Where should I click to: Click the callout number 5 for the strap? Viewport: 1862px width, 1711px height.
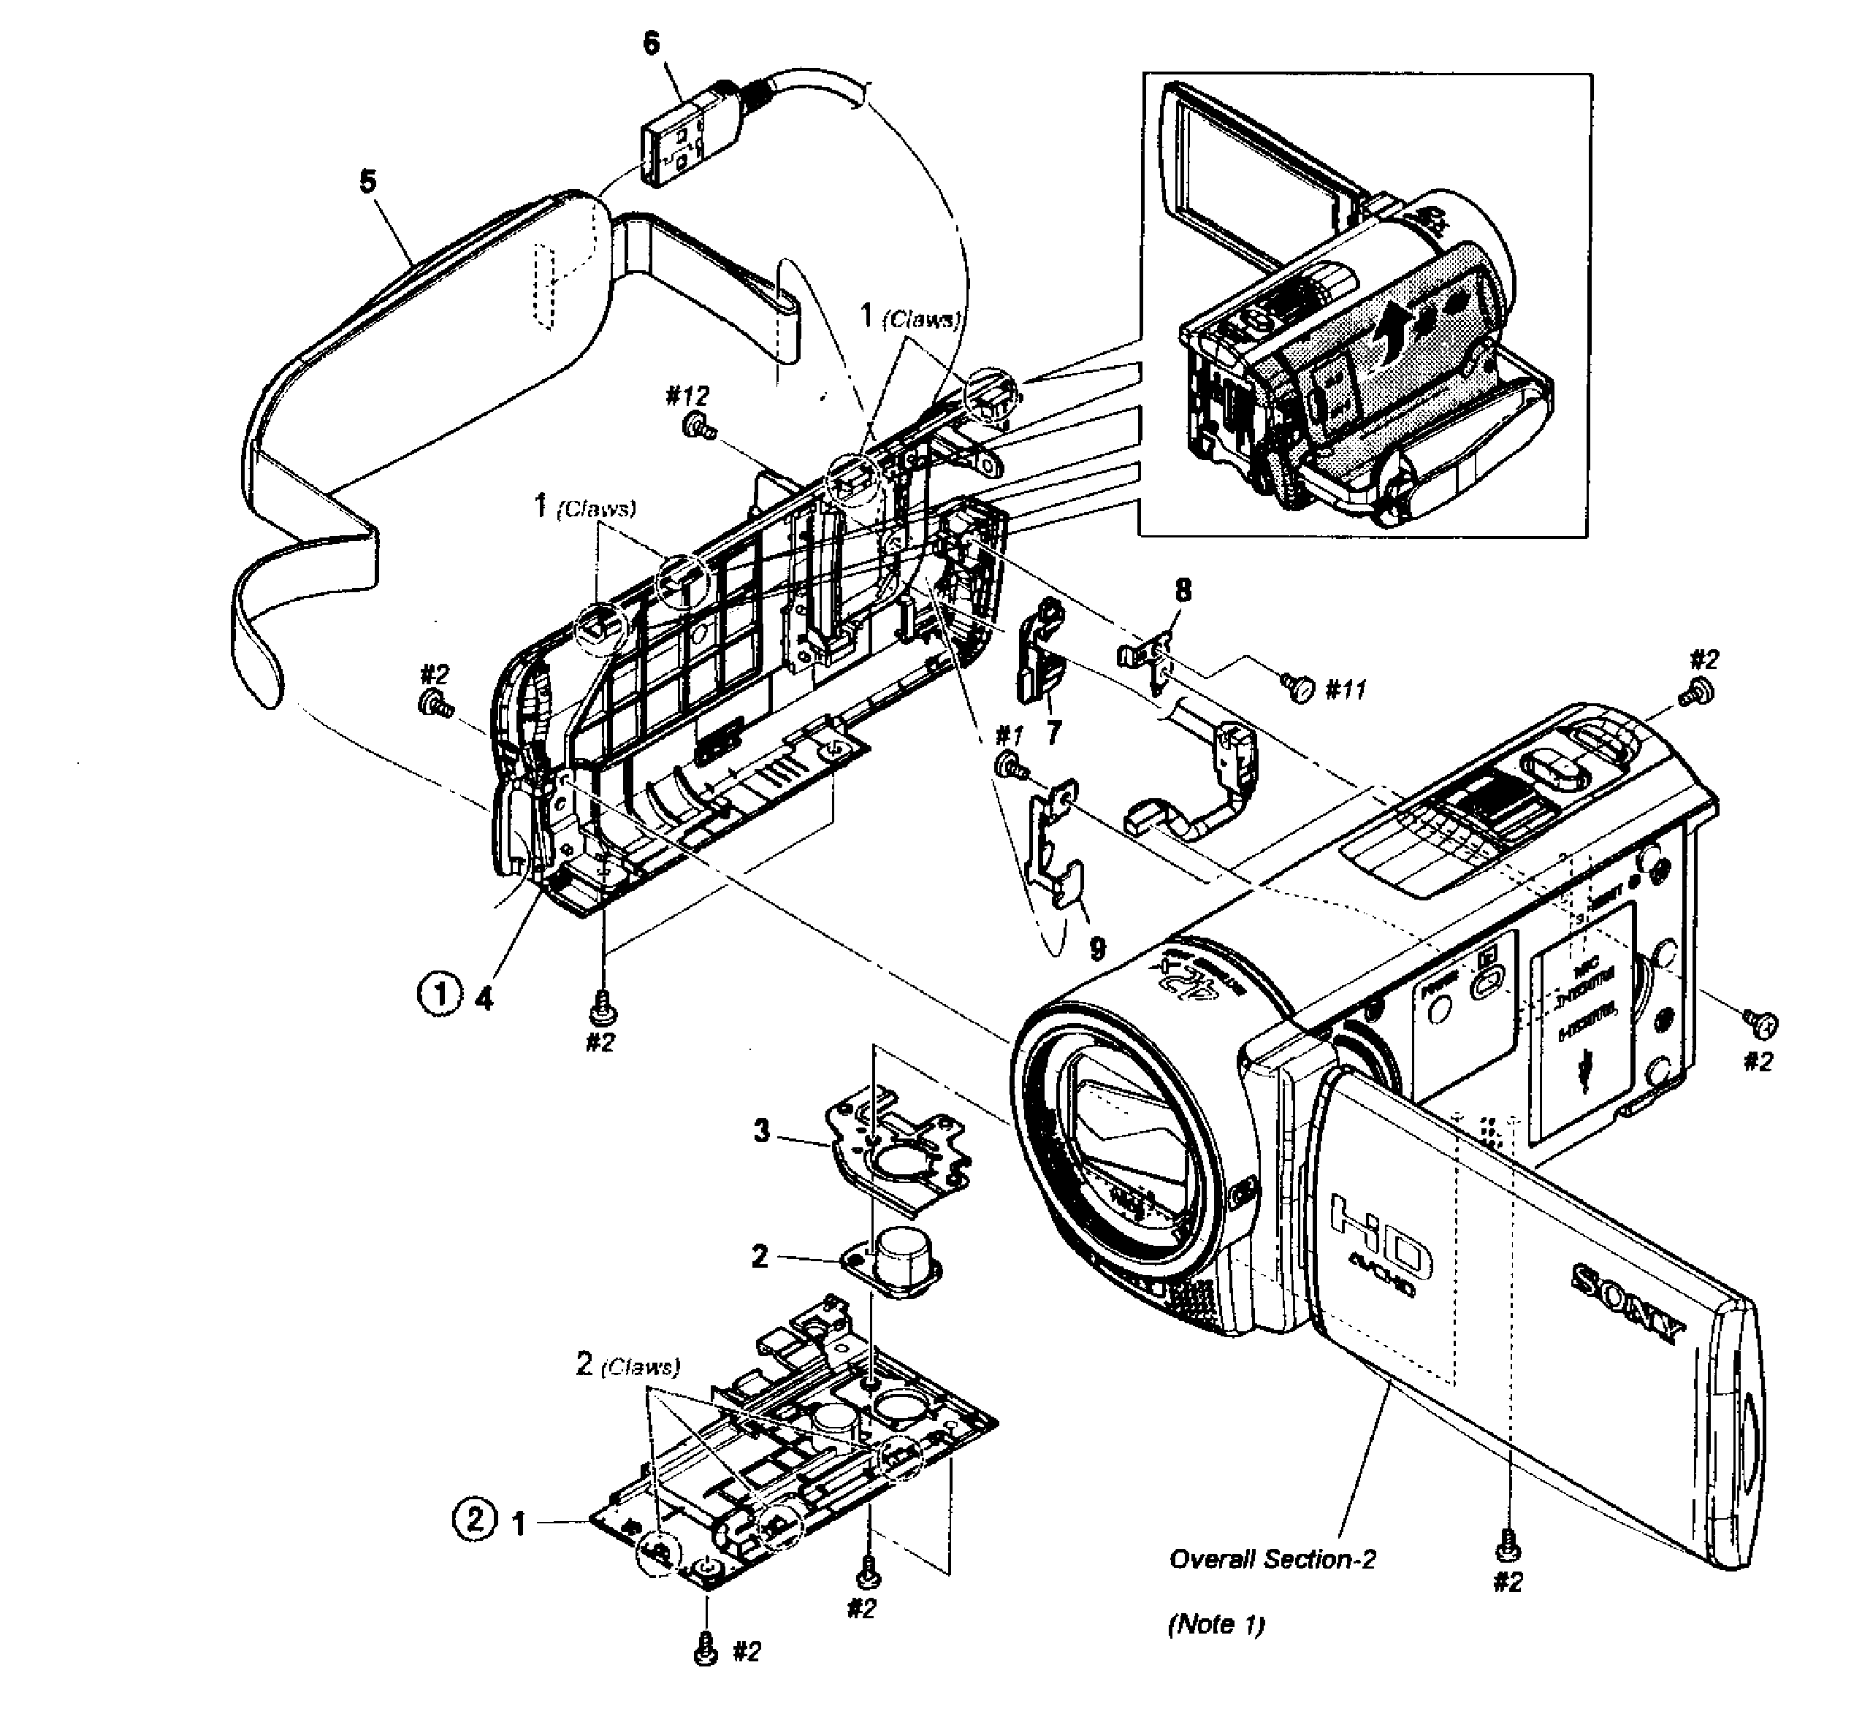(368, 181)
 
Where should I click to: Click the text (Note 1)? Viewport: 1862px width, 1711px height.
(1216, 1624)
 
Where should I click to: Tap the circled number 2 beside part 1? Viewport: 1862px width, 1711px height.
(474, 1520)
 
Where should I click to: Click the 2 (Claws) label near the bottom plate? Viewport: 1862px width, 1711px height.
(627, 1366)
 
